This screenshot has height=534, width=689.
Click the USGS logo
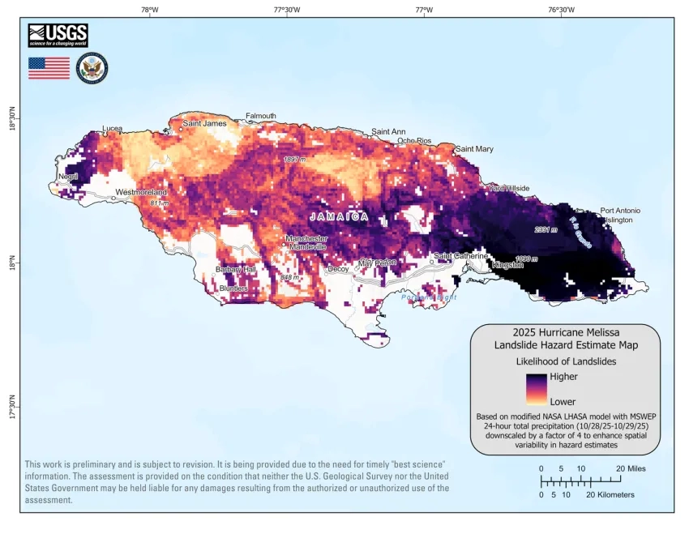pyautogui.click(x=58, y=35)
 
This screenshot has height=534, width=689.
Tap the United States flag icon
pyautogui.click(x=49, y=68)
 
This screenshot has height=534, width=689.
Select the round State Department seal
pyautogui.click(x=92, y=68)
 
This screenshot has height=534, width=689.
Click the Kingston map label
pyautogui.click(x=508, y=265)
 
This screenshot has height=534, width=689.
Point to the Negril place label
pyautogui.click(x=68, y=176)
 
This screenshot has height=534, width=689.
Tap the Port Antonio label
pyautogui.click(x=621, y=211)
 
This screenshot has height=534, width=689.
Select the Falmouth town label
pyautogui.click(x=261, y=116)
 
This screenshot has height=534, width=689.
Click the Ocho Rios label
pyautogui.click(x=414, y=141)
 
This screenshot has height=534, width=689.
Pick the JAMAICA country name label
pyautogui.click(x=339, y=217)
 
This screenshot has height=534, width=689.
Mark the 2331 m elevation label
pyautogui.click(x=546, y=229)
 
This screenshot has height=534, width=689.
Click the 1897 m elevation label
pyautogui.click(x=295, y=160)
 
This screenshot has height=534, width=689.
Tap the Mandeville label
pyautogui.click(x=307, y=247)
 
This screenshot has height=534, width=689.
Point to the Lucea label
pyautogui.click(x=112, y=129)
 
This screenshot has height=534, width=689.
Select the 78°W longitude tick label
pyautogui.click(x=149, y=10)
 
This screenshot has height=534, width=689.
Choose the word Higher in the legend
pyautogui.click(x=563, y=377)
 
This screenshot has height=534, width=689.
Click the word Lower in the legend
pyautogui.click(x=563, y=400)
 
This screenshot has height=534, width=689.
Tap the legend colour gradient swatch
pyautogui.click(x=536, y=389)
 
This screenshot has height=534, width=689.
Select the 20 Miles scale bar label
pyautogui.click(x=631, y=468)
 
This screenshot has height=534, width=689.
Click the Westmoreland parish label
pyautogui.click(x=141, y=192)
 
